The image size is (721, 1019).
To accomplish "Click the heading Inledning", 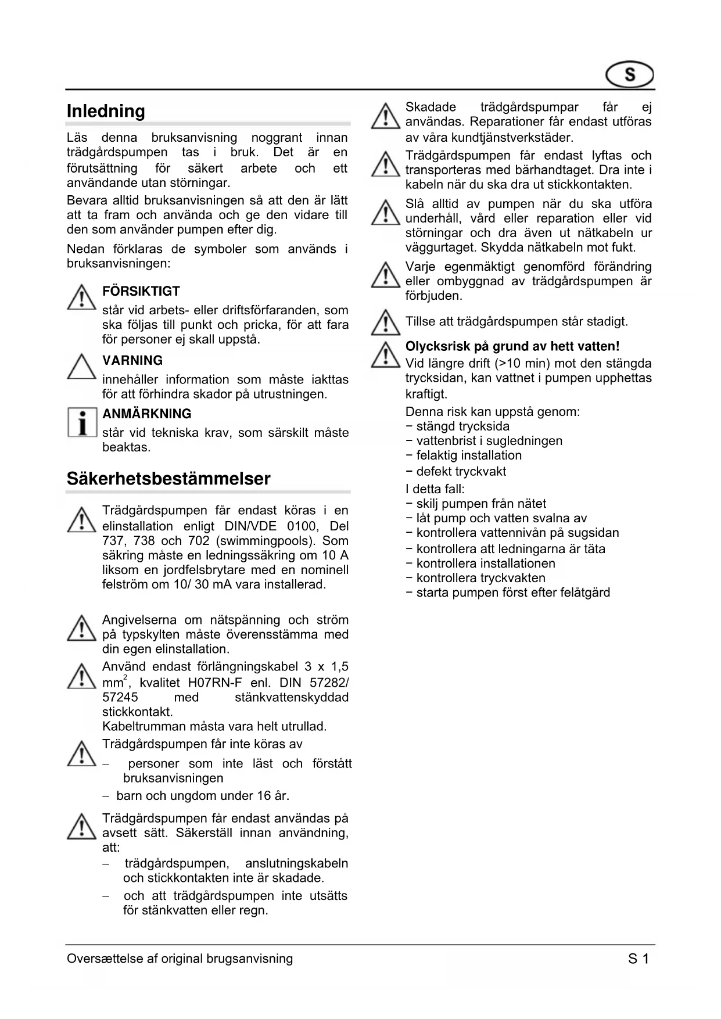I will tap(106, 111).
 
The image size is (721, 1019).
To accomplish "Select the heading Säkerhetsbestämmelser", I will tap(168, 479).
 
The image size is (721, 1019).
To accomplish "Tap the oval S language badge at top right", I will tap(630, 75).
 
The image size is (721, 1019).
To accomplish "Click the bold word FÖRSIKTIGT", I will tap(141, 291).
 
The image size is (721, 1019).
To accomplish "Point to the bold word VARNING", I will tap(132, 360).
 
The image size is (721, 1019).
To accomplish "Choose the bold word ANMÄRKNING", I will tap(147, 414).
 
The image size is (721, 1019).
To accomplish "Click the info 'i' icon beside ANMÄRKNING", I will tap(82, 422).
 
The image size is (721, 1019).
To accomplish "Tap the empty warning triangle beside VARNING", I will tap(82, 367).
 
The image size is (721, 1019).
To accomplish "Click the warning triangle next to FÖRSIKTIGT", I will tap(82, 297).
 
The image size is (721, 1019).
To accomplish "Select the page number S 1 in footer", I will tap(638, 959).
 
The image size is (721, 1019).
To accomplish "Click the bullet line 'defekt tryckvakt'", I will tap(461, 471).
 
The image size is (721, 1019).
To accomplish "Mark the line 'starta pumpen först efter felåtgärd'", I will tap(513, 593).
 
